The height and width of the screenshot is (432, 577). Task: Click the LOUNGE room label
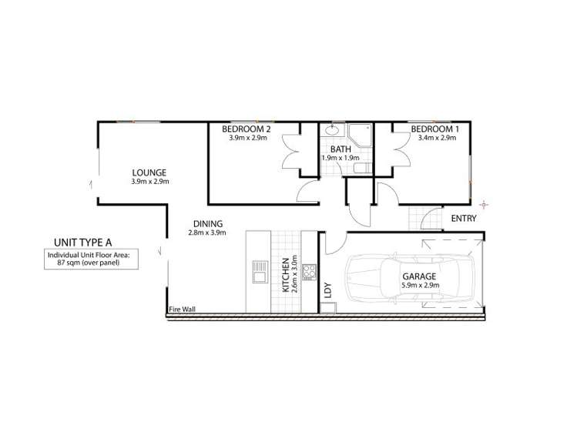(149, 172)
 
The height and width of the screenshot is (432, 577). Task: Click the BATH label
(340, 149)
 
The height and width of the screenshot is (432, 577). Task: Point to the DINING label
(207, 224)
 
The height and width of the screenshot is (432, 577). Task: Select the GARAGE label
(420, 275)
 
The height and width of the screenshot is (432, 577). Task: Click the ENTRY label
(464, 219)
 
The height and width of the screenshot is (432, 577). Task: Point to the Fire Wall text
(183, 310)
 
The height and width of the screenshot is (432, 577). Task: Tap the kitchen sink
(257, 273)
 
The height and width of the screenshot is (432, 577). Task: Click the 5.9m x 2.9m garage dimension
(420, 285)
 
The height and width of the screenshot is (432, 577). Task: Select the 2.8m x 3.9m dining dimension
(207, 233)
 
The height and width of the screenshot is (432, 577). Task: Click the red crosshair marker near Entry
(484, 204)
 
